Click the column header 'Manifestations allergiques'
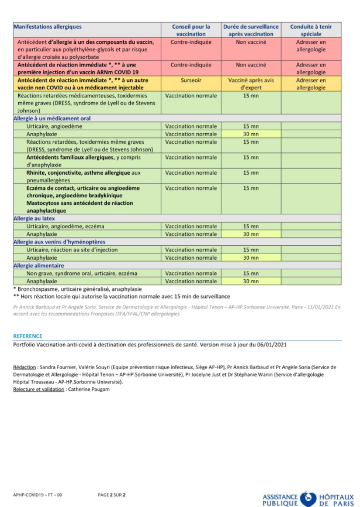pyautogui.click(x=48, y=27)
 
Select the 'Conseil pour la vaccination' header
pyautogui.click(x=191, y=30)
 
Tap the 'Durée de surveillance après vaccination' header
pyautogui.click(x=251, y=30)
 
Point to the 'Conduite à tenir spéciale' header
pyautogui.click(x=311, y=30)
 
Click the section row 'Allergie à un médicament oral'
pyautogui.click(x=52, y=119)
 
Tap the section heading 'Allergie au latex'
pyautogui.click(x=34, y=218)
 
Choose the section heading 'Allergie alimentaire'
pyautogui.click(x=39, y=265)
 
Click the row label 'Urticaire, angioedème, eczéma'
pyautogui.click(x=65, y=226)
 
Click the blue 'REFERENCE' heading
pyautogui.click(x=27, y=336)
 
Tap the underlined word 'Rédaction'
pyautogui.click(x=25, y=367)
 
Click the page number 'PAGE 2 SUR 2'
pyautogui.click(x=112, y=495)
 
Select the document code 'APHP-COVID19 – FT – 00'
pyautogui.click(x=37, y=495)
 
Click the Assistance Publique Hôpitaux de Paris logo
pyautogui.click(x=308, y=498)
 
